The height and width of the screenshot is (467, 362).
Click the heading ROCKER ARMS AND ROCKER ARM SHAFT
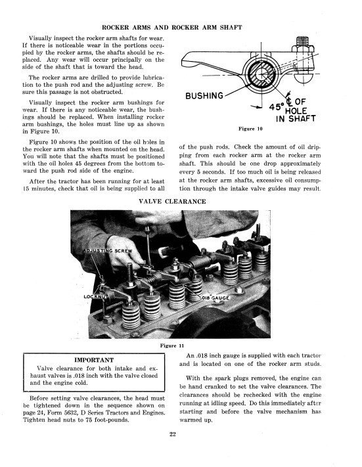coord(172,28)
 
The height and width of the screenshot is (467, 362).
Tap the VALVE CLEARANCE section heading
coord(172,202)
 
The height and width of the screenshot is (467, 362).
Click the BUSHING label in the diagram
coord(204,96)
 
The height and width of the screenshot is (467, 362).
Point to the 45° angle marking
coord(277,106)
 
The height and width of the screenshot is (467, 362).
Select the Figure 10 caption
coord(250,129)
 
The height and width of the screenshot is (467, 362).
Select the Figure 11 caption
coord(172,345)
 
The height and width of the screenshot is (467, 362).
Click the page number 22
coord(173,434)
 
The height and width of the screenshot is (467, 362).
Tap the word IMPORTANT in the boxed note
coord(94,360)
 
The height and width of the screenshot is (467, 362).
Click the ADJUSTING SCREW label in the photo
coord(108,250)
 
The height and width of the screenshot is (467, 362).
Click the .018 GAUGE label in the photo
coord(215,298)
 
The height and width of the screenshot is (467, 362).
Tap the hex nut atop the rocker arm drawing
coord(302,48)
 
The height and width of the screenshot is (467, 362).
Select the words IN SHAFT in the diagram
coord(296,118)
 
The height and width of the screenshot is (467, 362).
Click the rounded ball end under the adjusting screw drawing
coord(302,78)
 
